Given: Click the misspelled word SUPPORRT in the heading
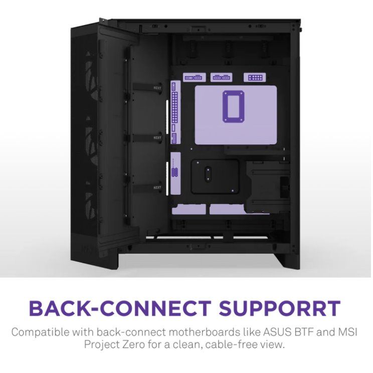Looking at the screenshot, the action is pos(280,308).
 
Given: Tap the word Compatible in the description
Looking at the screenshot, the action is pos(41,332).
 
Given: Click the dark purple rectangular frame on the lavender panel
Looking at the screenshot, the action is pos(233,106).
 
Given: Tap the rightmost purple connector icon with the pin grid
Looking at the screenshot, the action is pos(255,78).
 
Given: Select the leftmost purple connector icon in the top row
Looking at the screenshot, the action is pos(194,78).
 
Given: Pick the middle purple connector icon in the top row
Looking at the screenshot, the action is pos(222,78).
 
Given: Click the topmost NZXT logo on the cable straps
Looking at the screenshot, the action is pos(157,88).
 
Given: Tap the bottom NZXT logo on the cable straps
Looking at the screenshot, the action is pos(157,188).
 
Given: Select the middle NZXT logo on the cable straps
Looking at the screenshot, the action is pos(157,138).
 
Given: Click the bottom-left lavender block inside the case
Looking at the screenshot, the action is pos(189,210).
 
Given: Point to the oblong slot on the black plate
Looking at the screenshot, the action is pos(208,174).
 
